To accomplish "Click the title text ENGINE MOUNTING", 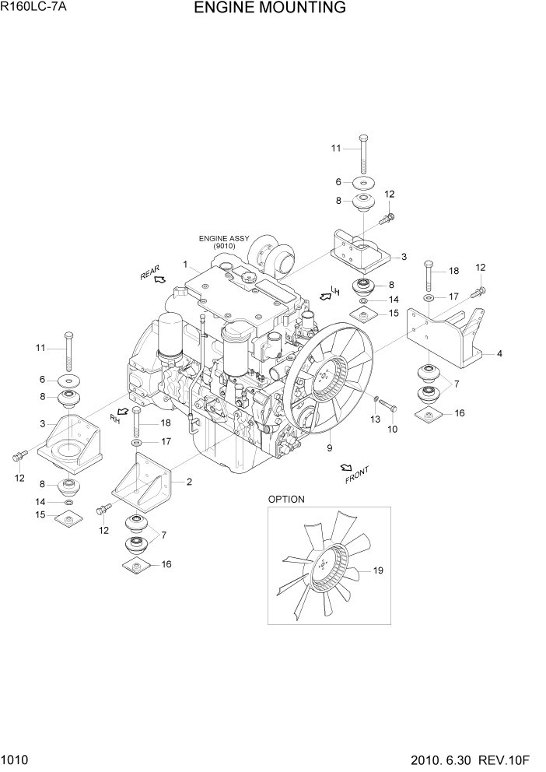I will point(270,9).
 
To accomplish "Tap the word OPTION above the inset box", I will point(286,499).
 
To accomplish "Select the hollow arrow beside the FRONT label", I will point(345,467).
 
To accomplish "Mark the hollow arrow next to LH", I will point(325,297).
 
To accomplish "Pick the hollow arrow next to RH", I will point(122,410).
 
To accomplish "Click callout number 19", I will point(378,571).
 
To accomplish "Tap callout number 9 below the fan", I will point(329,448).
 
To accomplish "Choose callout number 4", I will point(499,353).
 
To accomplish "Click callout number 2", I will point(189,482).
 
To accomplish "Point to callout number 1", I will point(185,265).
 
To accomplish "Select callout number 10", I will point(393,429).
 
